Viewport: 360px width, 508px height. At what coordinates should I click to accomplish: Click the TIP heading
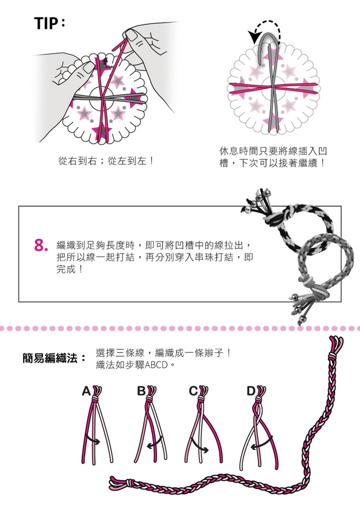pyautogui.click(x=50, y=23)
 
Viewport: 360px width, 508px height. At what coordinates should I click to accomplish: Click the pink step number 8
pyautogui.click(x=41, y=246)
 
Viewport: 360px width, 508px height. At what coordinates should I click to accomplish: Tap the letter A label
pyautogui.click(x=86, y=392)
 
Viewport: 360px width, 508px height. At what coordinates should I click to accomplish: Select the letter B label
pyautogui.click(x=141, y=392)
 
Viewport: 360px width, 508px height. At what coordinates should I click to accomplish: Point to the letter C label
pyautogui.click(x=193, y=392)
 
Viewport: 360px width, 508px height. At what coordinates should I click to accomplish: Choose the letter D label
pyautogui.click(x=251, y=392)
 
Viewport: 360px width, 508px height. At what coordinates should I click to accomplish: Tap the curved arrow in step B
pyautogui.click(x=155, y=442)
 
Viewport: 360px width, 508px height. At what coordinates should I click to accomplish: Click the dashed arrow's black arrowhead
pyautogui.click(x=253, y=37)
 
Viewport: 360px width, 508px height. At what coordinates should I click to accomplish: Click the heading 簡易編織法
pyautogui.click(x=50, y=359)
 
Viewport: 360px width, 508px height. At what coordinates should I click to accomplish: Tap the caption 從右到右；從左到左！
pyautogui.click(x=106, y=160)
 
